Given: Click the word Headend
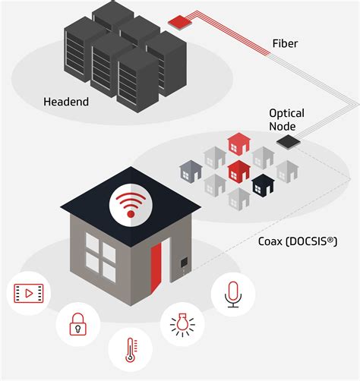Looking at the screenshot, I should (66, 102).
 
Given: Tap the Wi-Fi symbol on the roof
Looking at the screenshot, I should (131, 203).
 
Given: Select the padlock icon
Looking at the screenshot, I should (76, 324).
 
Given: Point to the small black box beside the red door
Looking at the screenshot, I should (183, 264).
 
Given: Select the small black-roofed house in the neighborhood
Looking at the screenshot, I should (263, 184).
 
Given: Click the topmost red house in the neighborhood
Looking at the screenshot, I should (238, 142).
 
